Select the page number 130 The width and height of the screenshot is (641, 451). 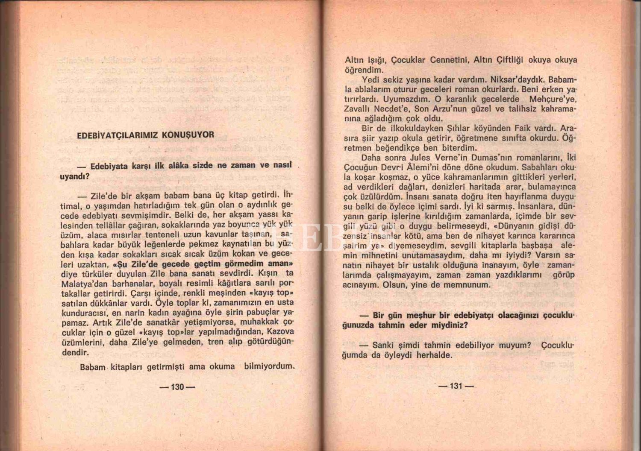pos(177,387)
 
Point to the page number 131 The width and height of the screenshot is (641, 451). pos(456,386)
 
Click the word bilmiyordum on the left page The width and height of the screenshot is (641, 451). pos(269,366)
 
